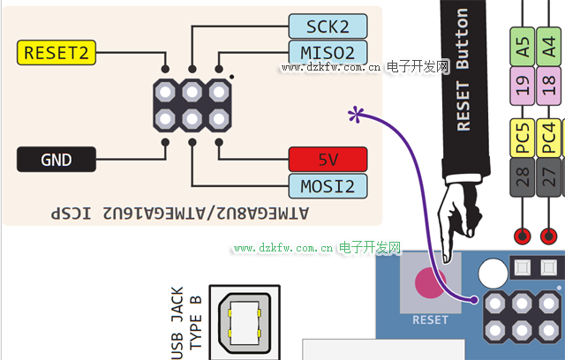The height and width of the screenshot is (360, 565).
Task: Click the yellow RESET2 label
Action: pos(56,52)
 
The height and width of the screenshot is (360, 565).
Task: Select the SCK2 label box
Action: pos(328,26)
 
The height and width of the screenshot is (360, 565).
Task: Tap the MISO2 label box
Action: pos(328,53)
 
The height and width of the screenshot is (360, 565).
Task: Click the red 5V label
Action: pos(328,160)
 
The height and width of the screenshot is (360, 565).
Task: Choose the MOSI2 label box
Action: pos(328,185)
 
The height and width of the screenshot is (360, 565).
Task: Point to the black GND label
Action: pos(56,160)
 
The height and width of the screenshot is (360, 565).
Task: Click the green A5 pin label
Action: pos(522,48)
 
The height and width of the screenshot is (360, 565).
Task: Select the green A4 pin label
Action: pos(551,48)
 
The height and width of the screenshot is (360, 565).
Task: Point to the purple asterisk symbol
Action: pos(356,114)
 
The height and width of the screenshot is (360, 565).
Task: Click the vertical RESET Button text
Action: pos(463,71)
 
